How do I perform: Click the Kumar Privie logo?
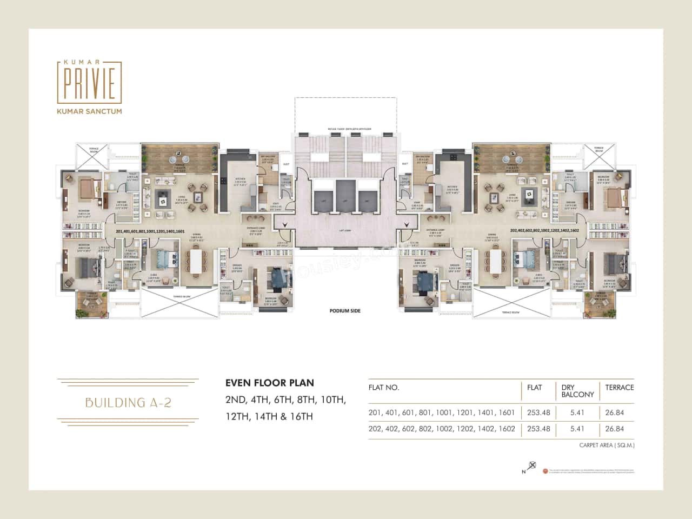89,81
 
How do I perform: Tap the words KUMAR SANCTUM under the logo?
89,111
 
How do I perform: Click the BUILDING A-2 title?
128,402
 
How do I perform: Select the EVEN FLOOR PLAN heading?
269,383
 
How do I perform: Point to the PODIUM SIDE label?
345,311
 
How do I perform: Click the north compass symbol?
532,466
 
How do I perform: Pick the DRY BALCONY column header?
577,391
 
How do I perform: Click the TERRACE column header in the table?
619,388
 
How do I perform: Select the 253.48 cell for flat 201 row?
538,412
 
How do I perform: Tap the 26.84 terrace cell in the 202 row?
614,429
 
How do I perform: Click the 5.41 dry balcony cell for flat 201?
577,412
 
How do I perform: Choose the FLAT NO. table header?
383,388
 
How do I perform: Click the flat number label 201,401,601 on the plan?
150,231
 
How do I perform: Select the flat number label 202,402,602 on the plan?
544,231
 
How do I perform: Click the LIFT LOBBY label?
344,231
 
